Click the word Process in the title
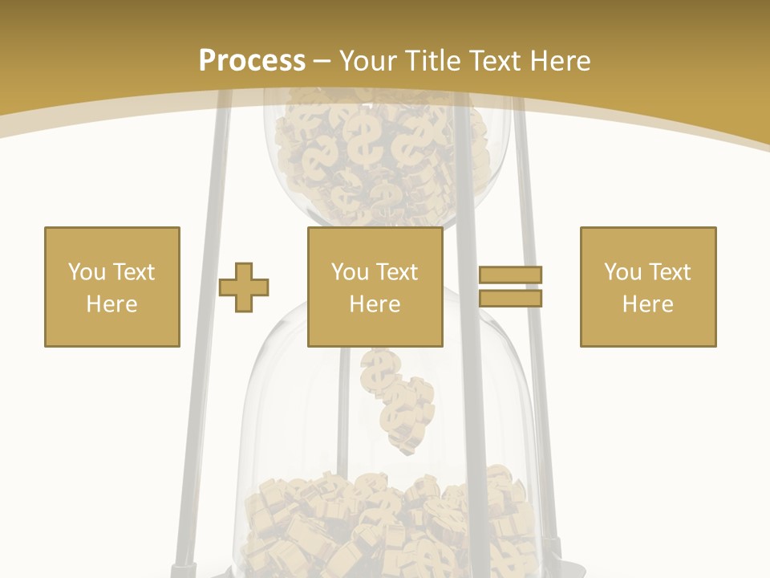pos(252,61)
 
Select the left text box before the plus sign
pos(112,287)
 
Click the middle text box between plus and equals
pos(375,287)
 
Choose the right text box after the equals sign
pos(648,287)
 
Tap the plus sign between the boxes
pos(244,287)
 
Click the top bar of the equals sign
pos(511,275)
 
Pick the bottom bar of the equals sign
pos(511,298)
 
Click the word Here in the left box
pos(112,304)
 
